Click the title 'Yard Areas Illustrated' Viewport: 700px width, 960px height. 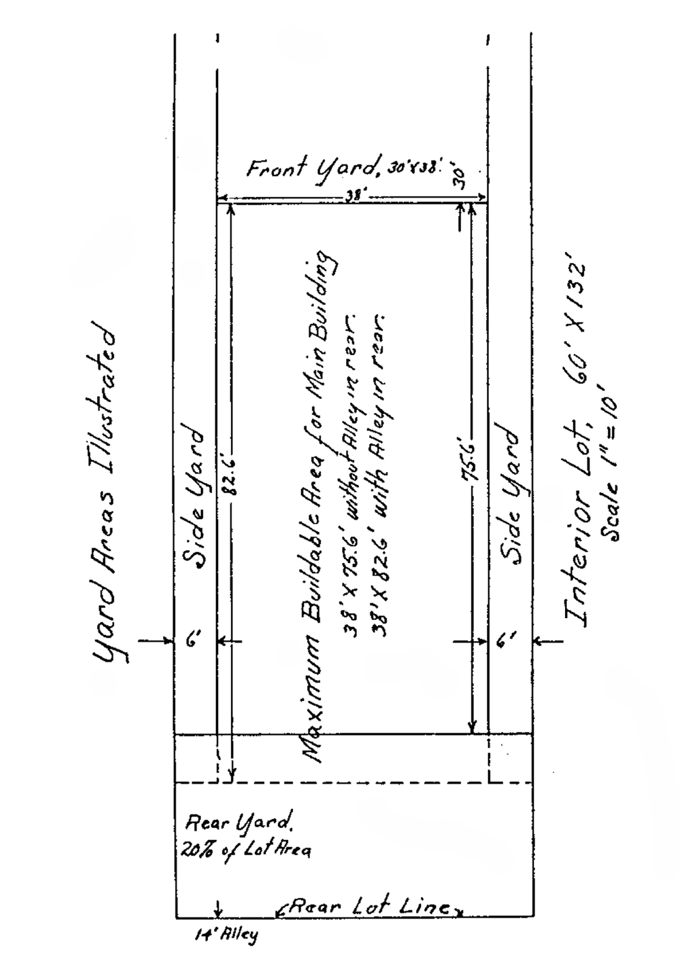(x=106, y=493)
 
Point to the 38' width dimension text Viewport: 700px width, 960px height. (x=352, y=196)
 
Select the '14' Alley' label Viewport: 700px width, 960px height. (x=225, y=934)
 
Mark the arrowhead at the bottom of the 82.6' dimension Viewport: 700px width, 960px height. (x=232, y=776)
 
